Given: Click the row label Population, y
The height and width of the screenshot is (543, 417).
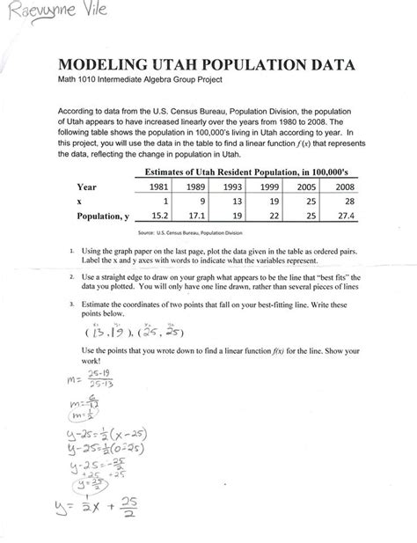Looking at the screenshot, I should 103,214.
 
